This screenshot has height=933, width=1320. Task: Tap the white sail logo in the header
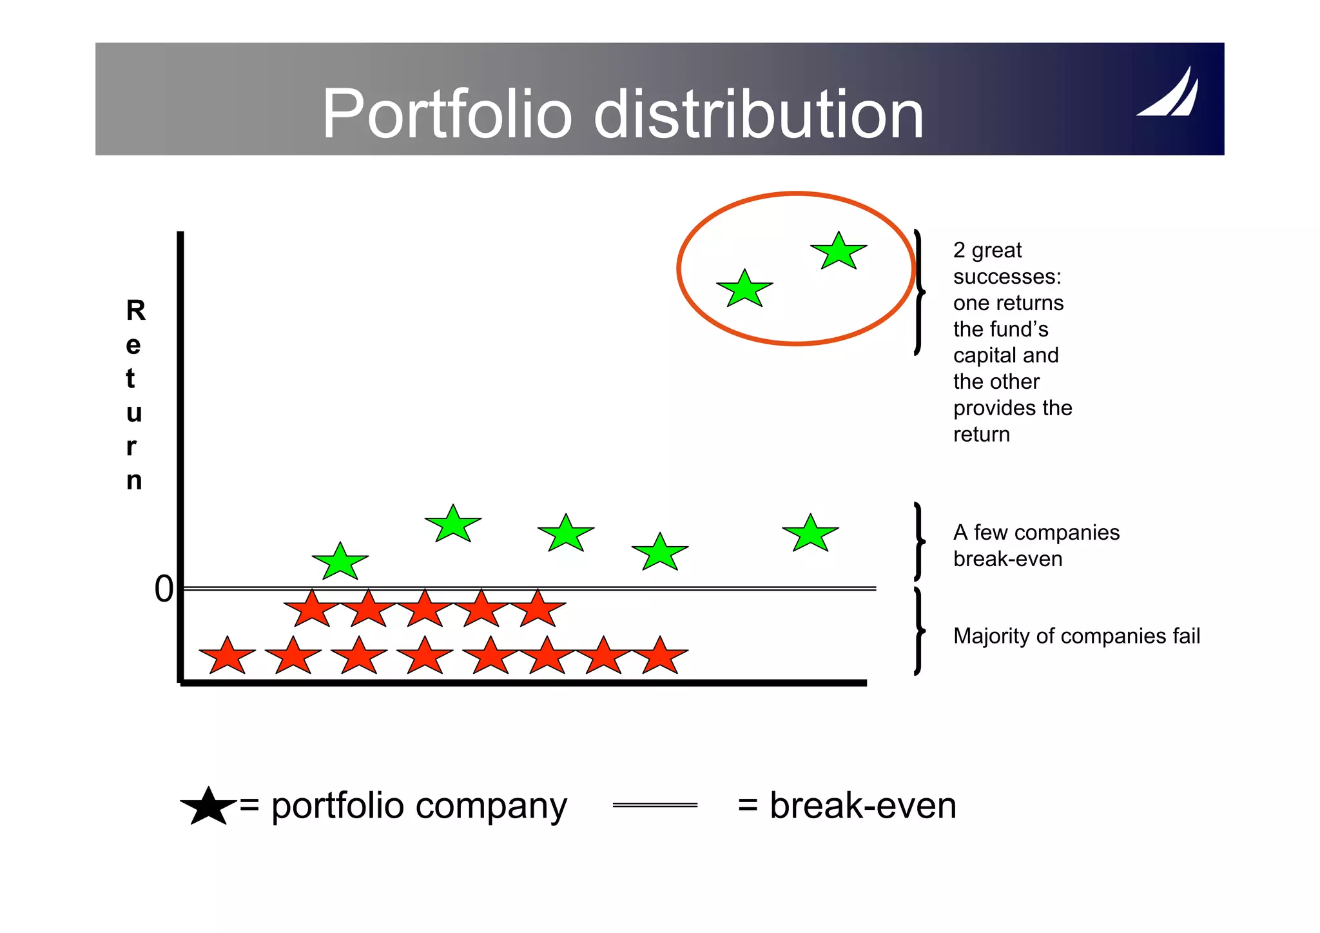point(1168,93)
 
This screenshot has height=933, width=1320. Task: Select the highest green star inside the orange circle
point(838,251)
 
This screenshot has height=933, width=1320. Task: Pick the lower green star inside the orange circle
point(744,290)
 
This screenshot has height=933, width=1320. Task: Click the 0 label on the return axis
point(164,589)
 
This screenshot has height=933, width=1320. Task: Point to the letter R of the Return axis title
point(135,311)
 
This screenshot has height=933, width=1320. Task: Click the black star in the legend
point(208,807)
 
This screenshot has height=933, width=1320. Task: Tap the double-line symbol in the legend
point(655,805)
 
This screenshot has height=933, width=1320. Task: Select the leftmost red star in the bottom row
point(227,656)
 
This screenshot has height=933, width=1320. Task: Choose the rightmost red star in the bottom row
point(660,656)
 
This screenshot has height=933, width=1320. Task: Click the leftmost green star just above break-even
point(340,562)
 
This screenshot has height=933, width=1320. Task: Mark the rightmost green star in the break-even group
point(810,534)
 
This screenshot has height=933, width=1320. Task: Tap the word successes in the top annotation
point(1007,277)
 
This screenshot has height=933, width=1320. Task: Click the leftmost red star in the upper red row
point(312,609)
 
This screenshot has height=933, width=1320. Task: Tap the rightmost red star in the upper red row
point(538,609)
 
